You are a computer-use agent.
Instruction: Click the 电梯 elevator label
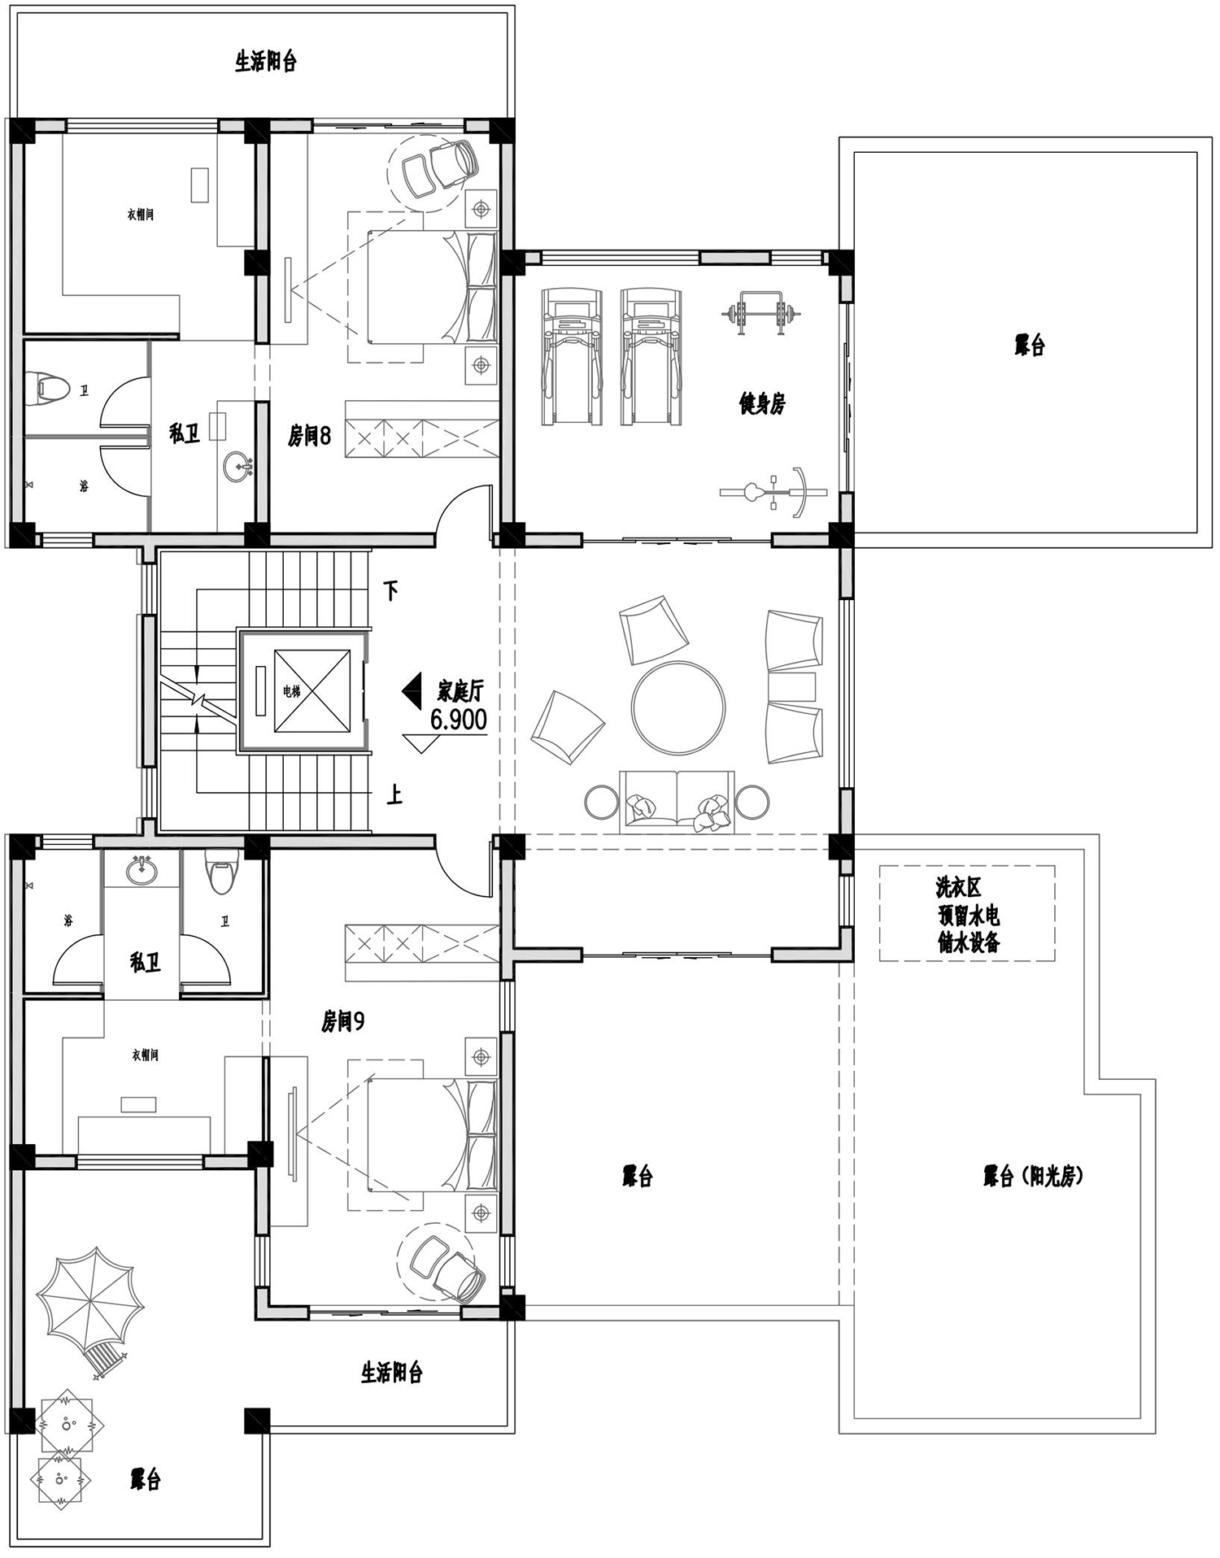click(291, 692)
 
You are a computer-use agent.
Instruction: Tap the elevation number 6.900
click(459, 720)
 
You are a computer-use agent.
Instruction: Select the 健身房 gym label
click(762, 403)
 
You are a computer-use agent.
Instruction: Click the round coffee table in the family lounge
click(678, 707)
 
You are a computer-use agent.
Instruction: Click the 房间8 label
click(309, 436)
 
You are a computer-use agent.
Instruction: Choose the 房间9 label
click(342, 1021)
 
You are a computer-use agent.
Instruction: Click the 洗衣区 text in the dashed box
click(958, 888)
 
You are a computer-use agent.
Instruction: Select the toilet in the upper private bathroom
click(45, 387)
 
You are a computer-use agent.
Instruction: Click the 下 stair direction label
click(390, 590)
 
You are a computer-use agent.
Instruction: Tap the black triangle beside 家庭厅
click(411, 690)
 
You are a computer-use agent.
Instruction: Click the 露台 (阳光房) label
click(1033, 1176)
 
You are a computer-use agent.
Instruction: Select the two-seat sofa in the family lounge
click(677, 803)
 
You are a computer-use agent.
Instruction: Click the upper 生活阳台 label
click(266, 62)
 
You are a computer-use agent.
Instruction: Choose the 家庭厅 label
click(460, 691)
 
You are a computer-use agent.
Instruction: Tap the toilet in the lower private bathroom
click(221, 872)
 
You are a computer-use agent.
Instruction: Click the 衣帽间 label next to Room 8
click(140, 215)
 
